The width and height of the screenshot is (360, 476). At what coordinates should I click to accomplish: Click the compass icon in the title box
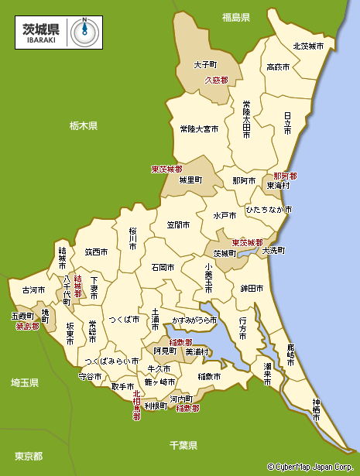pos(84,32)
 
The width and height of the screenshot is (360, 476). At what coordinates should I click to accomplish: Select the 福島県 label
pos(235,16)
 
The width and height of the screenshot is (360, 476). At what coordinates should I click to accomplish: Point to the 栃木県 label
pos(83,125)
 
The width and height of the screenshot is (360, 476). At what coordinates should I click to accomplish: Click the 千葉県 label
pos(183,445)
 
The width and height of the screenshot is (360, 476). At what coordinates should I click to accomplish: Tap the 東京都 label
pos(29,455)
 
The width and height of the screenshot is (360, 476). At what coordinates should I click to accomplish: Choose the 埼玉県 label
pos(25,382)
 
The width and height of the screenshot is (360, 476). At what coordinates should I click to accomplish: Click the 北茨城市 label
pos(308,46)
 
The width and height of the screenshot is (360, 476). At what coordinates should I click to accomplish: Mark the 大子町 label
pos(206,66)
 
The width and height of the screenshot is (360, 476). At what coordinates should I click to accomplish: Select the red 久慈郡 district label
pos(216,80)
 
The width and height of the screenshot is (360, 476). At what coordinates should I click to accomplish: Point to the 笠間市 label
pos(180,225)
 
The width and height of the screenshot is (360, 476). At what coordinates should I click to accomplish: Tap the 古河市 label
pos(33,290)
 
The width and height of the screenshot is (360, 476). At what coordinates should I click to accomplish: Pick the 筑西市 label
pos(97,252)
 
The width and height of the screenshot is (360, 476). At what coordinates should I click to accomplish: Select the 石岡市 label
pos(163,267)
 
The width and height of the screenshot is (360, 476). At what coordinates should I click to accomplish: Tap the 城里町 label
pos(190,180)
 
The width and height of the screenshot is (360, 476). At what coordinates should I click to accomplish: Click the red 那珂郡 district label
pos(284,176)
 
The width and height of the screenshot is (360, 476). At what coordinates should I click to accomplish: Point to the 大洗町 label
pos(273,251)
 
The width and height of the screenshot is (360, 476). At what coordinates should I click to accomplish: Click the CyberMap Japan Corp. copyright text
pos(313,467)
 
